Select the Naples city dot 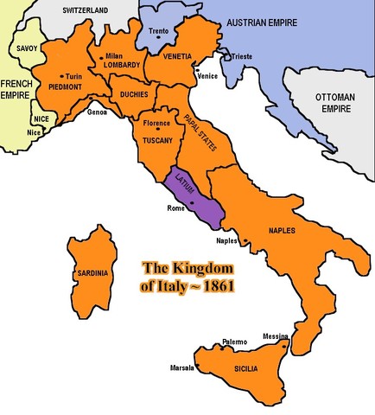click(245, 240)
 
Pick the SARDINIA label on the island click(93, 273)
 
